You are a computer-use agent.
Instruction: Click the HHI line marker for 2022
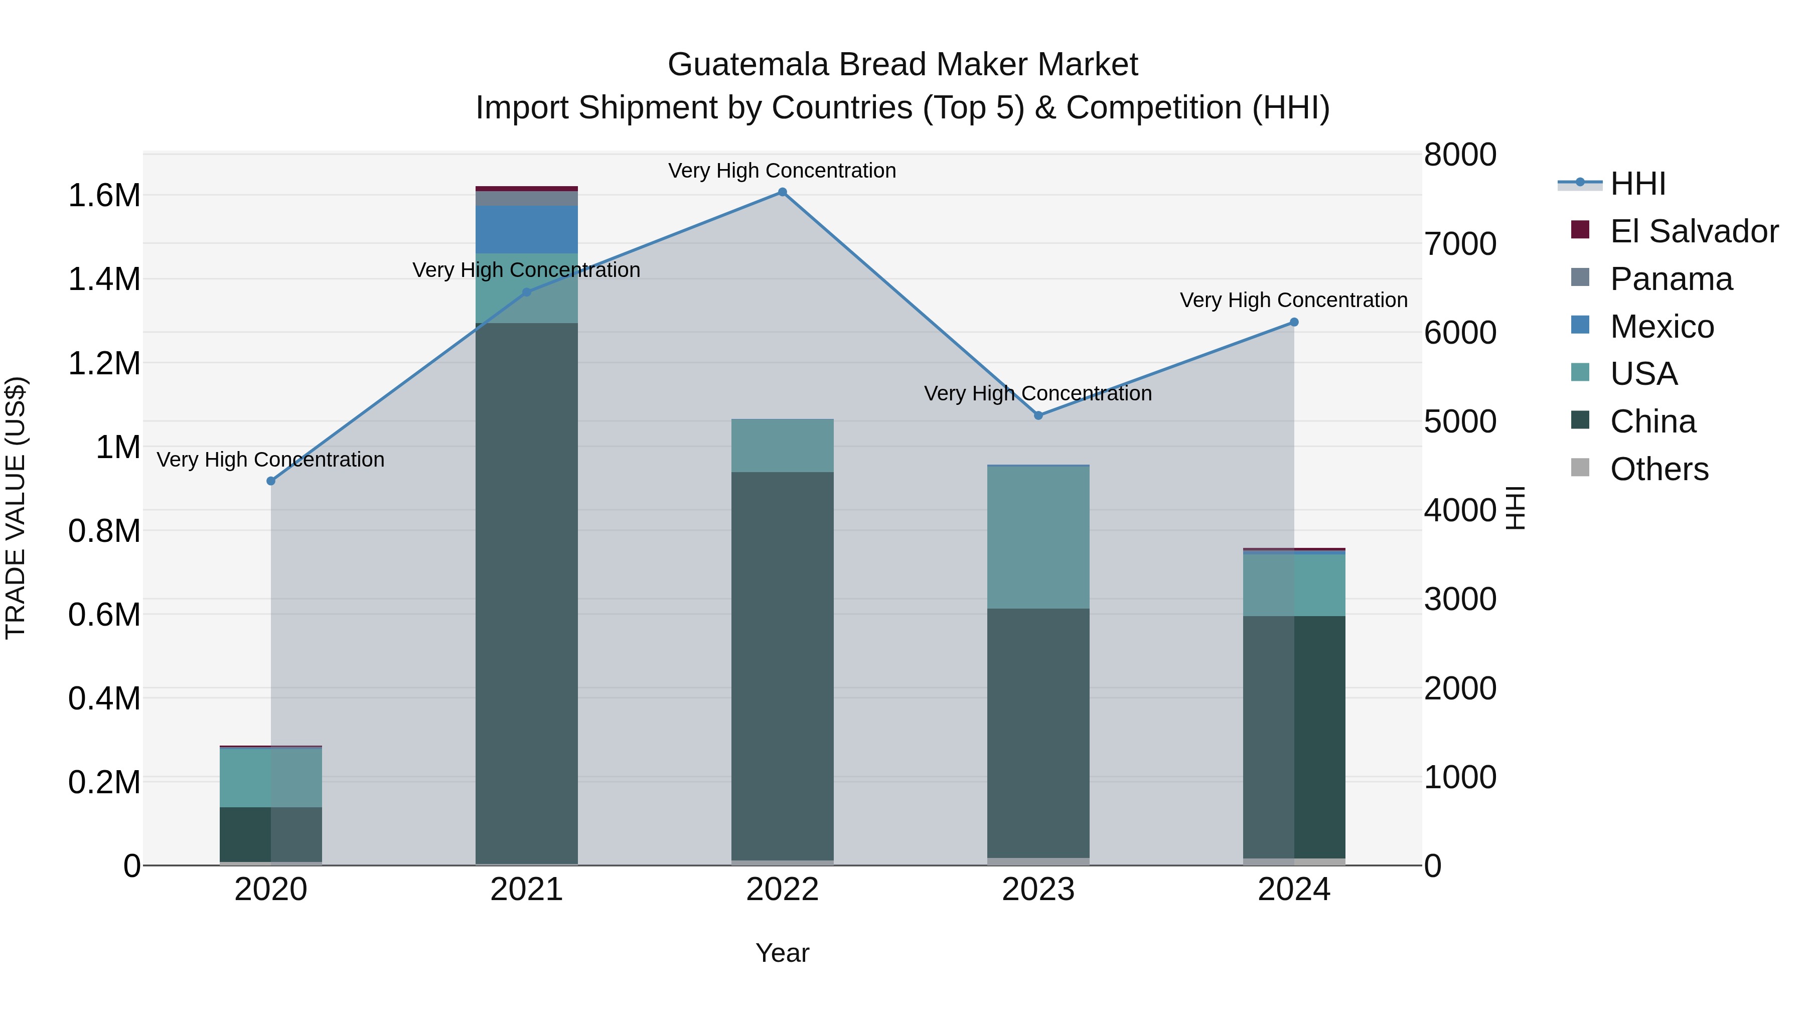pos(783,192)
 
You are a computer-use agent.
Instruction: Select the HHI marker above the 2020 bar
pos(271,481)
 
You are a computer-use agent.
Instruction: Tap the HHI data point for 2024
pos(1294,323)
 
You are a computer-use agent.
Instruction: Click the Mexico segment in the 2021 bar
pos(527,229)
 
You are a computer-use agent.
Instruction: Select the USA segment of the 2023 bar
pos(1038,537)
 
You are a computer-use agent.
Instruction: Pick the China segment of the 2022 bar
pos(783,666)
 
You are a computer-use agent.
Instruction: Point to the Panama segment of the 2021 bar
pos(527,198)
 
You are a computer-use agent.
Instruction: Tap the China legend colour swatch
pos(1580,421)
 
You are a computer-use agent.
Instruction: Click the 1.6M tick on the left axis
pos(104,196)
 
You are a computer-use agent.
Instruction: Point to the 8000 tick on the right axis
pos(1460,155)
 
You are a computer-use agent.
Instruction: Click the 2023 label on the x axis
pos(1038,890)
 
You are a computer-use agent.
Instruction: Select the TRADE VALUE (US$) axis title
pos(16,508)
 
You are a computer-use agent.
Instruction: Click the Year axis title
pos(783,953)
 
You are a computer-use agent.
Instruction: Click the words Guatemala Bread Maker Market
pos(902,65)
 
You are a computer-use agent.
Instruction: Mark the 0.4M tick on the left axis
pos(104,699)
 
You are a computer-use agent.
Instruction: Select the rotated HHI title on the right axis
pos(1516,508)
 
